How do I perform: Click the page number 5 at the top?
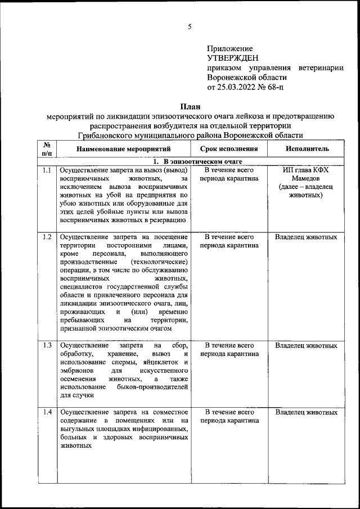pos(190,26)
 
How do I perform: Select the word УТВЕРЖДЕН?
pos(233,58)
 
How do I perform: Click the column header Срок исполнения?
pos(229,149)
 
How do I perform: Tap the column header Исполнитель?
pos(307,149)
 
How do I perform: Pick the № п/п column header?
pos(47,149)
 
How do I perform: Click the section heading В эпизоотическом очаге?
pos(194,161)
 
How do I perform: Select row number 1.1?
pos(47,170)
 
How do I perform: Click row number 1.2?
pos(47,237)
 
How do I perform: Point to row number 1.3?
pos(47,345)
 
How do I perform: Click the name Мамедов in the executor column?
pos(306,178)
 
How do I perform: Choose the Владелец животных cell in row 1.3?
pos(306,345)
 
